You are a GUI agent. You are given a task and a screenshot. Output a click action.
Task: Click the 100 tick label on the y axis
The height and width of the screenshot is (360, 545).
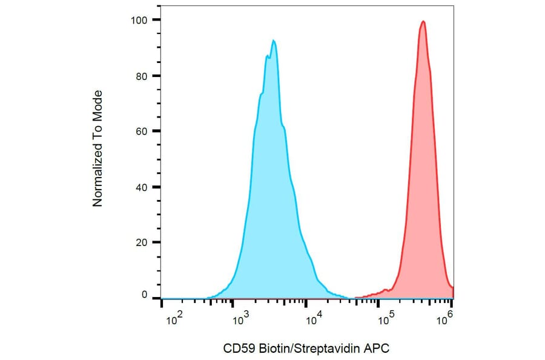coord(140,20)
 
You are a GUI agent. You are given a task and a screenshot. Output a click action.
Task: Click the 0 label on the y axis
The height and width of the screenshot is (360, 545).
coord(145,295)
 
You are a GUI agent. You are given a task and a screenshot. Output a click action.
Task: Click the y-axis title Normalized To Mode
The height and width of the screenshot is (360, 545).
coord(97,148)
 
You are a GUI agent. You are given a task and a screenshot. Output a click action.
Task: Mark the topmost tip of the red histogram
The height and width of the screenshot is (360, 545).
coord(423,21)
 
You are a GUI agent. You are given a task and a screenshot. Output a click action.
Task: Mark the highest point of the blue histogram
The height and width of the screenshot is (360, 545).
coord(274,41)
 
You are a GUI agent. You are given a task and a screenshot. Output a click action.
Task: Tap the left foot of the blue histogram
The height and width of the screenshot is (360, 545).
coord(209,297)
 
